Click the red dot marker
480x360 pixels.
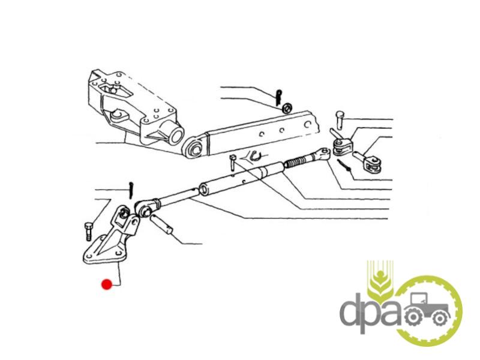coord(107,284)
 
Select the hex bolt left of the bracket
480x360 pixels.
coord(87,231)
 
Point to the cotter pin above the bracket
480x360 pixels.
coord(131,190)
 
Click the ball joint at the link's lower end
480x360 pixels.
coord(144,208)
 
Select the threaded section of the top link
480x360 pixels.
coord(297,161)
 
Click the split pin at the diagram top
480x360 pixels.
coord(278,97)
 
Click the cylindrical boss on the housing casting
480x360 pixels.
coord(175,133)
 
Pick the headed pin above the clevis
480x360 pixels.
coord(340,119)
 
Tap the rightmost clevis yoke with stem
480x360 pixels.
coord(368,162)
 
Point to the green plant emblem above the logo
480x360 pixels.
coord(380,280)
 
